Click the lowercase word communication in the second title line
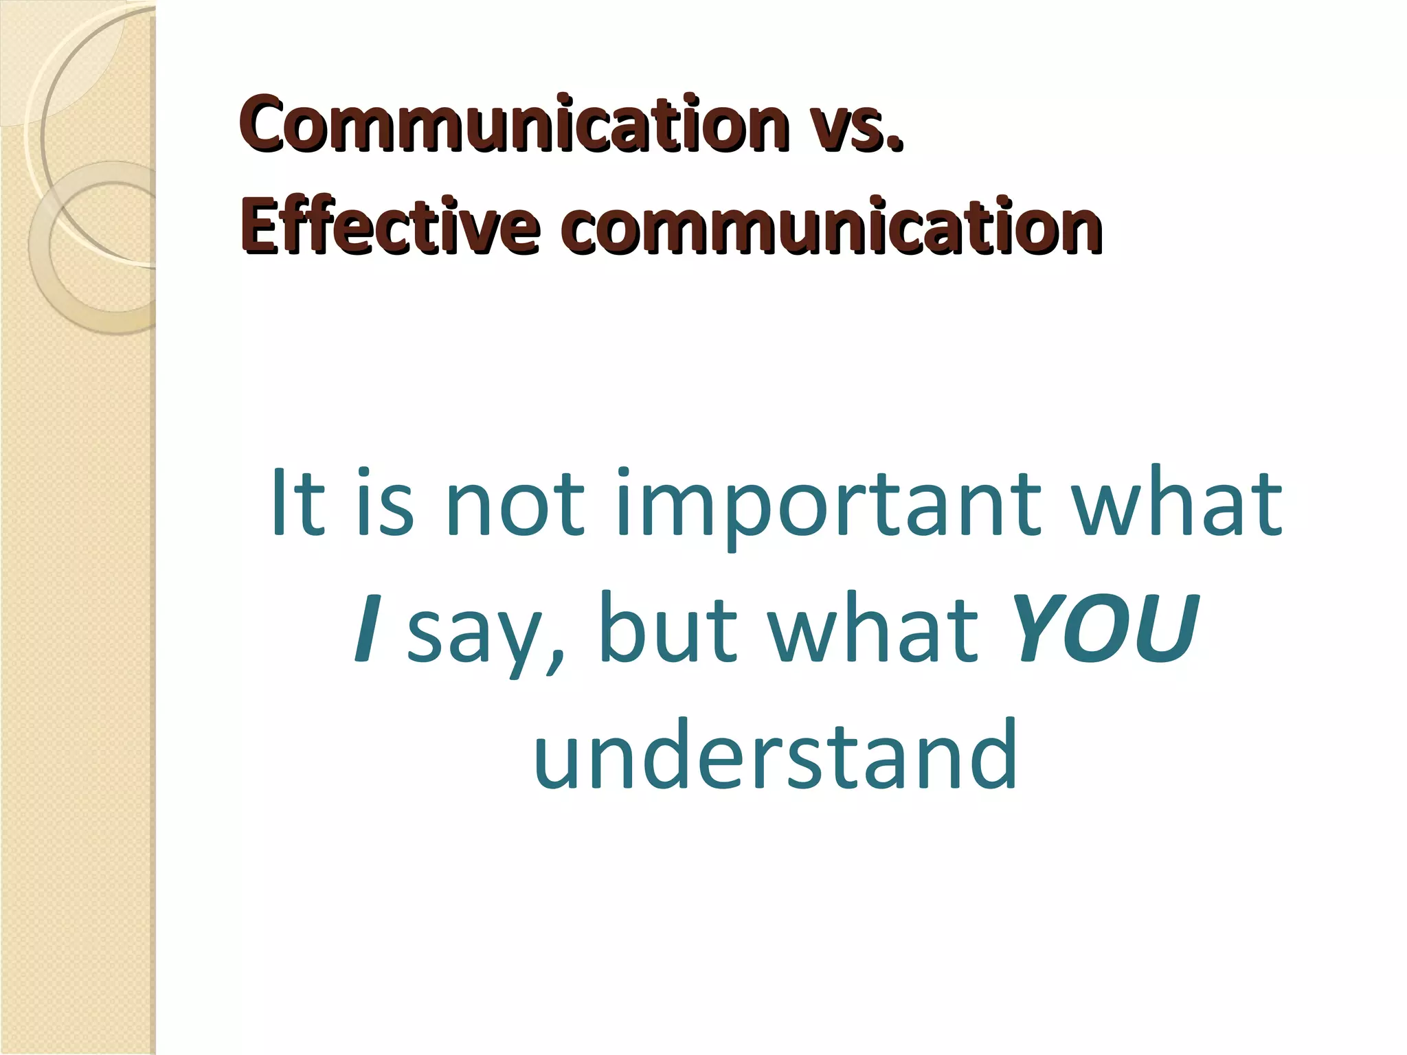[833, 227]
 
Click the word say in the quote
[473, 635]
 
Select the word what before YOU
[873, 628]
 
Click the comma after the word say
[554, 663]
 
